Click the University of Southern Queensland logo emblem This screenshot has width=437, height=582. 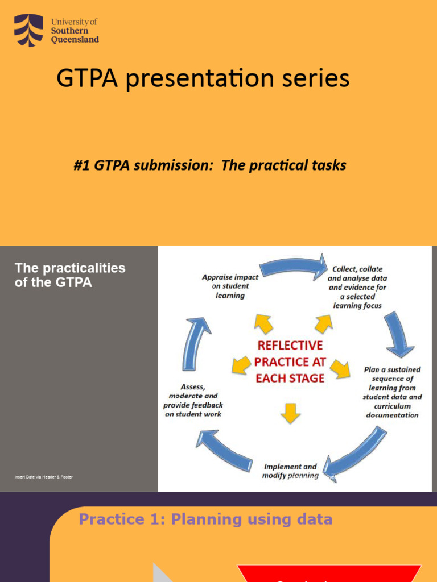click(x=28, y=31)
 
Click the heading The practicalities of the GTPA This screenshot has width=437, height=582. click(x=69, y=275)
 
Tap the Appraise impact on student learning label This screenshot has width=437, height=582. click(x=230, y=286)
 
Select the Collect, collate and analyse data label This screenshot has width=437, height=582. click(x=357, y=287)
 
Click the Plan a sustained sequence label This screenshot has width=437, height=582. click(x=393, y=392)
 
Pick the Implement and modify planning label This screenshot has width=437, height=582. click(x=290, y=471)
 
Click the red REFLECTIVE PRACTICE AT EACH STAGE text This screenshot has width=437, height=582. click(x=290, y=361)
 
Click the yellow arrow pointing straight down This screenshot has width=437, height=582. click(x=290, y=413)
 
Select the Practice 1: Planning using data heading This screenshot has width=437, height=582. click(x=205, y=519)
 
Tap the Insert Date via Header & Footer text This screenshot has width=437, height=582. click(x=44, y=477)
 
